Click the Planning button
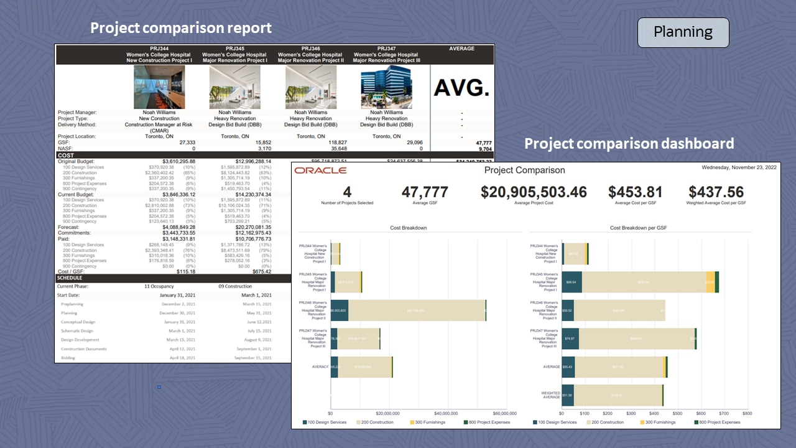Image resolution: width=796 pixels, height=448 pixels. pyautogui.click(x=683, y=32)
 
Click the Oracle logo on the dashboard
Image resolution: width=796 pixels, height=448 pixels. pyautogui.click(x=320, y=170)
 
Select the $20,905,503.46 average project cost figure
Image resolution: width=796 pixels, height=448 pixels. pyautogui.click(x=534, y=192)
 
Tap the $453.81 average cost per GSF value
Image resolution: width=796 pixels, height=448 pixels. pyautogui.click(x=636, y=192)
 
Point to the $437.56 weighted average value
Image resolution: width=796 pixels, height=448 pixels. pyautogui.click(x=716, y=192)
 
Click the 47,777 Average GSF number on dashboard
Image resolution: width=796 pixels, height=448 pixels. pyautogui.click(x=425, y=192)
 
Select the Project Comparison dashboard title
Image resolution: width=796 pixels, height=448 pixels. pyautogui.click(x=524, y=170)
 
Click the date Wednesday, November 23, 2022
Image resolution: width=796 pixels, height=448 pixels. pyautogui.click(x=739, y=167)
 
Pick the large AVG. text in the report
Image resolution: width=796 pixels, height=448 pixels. pyautogui.click(x=461, y=88)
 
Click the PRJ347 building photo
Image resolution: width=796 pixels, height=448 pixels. pyautogui.click(x=386, y=88)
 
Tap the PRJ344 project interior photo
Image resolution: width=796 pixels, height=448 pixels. pyautogui.click(x=159, y=88)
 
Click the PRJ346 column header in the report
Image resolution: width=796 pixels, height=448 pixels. pyautogui.click(x=310, y=49)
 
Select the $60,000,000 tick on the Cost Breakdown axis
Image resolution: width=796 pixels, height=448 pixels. pyautogui.click(x=504, y=413)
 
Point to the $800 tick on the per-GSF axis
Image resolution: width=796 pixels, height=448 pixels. pyautogui.click(x=747, y=413)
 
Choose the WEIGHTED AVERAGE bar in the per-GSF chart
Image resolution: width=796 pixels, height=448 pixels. pyautogui.click(x=612, y=395)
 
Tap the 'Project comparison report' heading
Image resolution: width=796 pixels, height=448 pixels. pyautogui.click(x=181, y=28)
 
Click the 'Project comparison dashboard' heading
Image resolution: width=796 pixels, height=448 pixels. pyautogui.click(x=629, y=144)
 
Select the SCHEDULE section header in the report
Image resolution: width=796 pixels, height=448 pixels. pyautogui.click(x=70, y=278)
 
